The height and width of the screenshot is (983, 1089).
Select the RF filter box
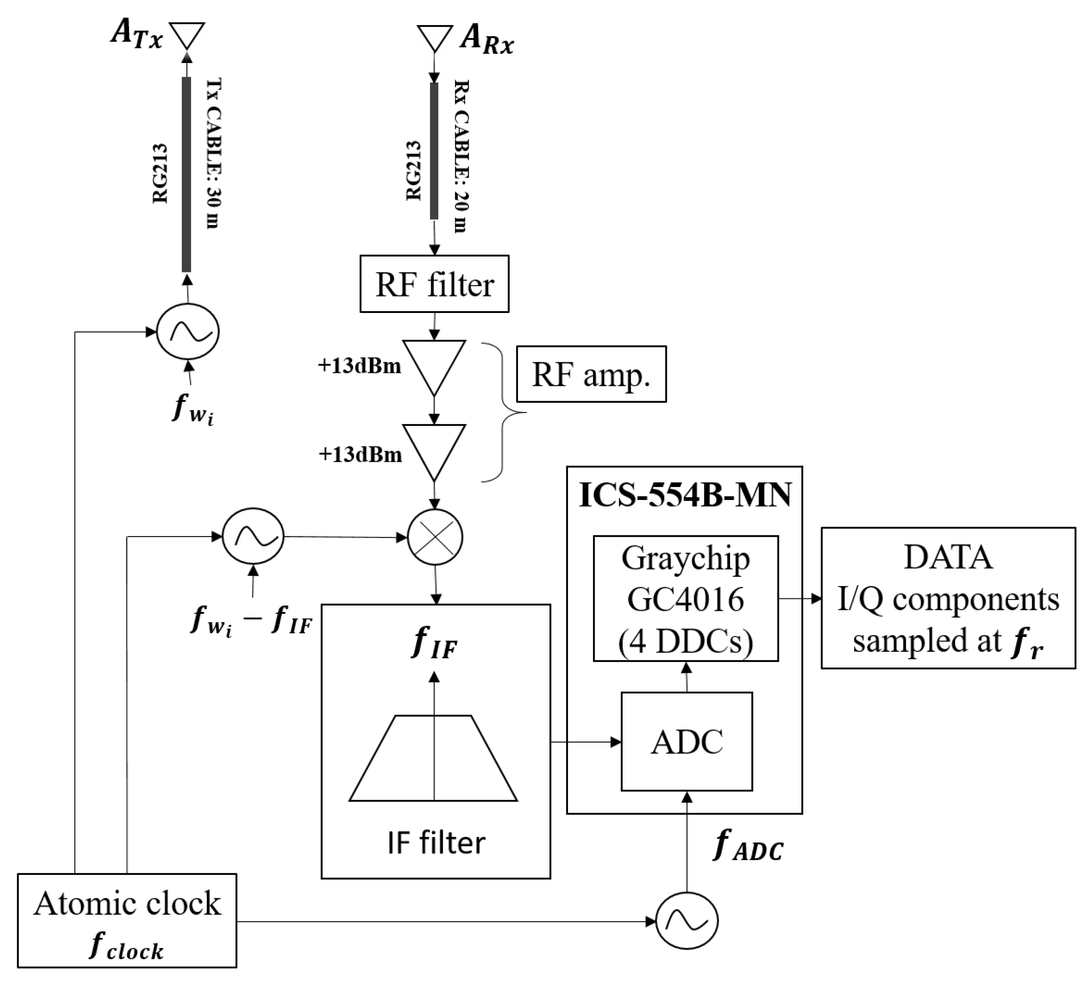pyautogui.click(x=434, y=284)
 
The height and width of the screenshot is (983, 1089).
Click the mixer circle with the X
pyautogui.click(x=435, y=537)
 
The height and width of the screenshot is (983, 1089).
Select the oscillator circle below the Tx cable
pyautogui.click(x=187, y=332)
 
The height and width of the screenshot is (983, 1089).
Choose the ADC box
pyautogui.click(x=686, y=742)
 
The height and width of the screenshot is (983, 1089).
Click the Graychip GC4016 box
pyautogui.click(x=686, y=598)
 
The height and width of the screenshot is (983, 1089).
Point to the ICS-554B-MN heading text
pyautogui.click(x=685, y=495)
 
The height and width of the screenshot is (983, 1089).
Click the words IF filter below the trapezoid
pyautogui.click(x=436, y=843)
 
